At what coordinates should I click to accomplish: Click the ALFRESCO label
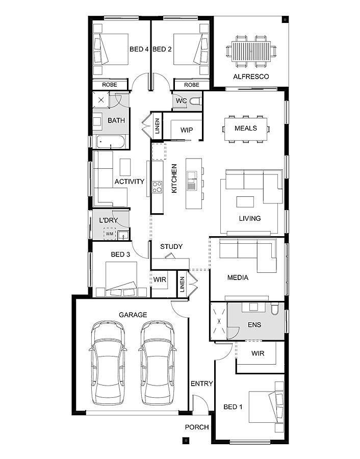(x=251, y=76)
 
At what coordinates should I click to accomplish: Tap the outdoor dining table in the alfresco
(x=251, y=51)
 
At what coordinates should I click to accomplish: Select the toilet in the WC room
(x=195, y=101)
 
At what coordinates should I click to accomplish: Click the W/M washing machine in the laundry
(x=110, y=234)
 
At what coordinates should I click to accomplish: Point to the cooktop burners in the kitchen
(x=157, y=187)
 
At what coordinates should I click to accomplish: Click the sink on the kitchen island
(x=191, y=181)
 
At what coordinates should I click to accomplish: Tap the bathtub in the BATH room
(x=110, y=143)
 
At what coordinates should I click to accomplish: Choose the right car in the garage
(x=157, y=363)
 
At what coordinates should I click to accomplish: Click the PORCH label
(x=197, y=427)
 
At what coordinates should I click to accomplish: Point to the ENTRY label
(x=201, y=384)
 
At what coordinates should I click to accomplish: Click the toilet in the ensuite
(x=275, y=310)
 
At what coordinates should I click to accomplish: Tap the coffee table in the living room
(x=245, y=201)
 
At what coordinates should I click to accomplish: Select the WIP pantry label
(x=187, y=130)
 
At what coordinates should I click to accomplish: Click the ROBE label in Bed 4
(x=110, y=85)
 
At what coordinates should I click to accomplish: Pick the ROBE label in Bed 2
(x=191, y=85)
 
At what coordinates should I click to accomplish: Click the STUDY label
(x=171, y=246)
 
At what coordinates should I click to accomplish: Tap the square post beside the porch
(x=186, y=440)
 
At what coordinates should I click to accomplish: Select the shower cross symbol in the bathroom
(x=101, y=100)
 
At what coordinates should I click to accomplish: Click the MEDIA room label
(x=238, y=277)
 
